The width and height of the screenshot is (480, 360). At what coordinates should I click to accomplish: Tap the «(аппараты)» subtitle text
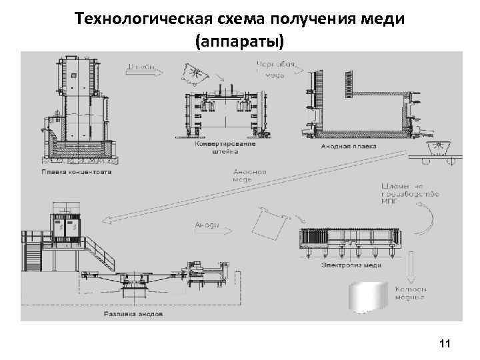coord(239,41)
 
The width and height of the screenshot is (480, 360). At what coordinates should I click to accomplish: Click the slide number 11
coord(445,343)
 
